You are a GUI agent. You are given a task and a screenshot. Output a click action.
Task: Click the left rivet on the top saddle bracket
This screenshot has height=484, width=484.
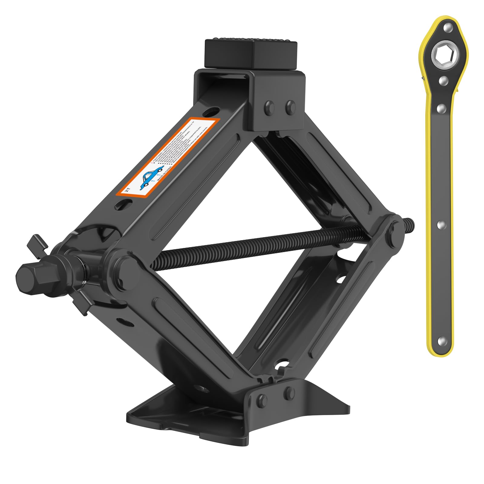[x=269, y=106]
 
